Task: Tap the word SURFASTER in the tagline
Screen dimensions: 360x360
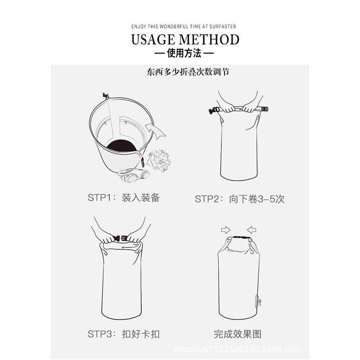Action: pyautogui.click(x=223, y=27)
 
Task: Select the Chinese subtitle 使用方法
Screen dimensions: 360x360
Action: pyautogui.click(x=184, y=53)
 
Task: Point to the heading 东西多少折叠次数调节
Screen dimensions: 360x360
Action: pyautogui.click(x=188, y=72)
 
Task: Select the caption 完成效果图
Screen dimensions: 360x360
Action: pyautogui.click(x=238, y=334)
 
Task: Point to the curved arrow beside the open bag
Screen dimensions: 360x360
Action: pyautogui.click(x=155, y=130)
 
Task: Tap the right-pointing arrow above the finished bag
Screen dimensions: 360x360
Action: pyautogui.click(x=226, y=230)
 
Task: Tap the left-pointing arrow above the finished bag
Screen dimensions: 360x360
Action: pyautogui.click(x=252, y=230)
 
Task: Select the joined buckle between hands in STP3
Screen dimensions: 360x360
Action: pyautogui.click(x=120, y=238)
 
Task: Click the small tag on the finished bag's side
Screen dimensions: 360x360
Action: pyautogui.click(x=258, y=302)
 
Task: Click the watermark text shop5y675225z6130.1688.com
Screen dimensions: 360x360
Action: pyautogui.click(x=238, y=350)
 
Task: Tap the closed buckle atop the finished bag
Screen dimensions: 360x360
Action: pyautogui.click(x=240, y=238)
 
